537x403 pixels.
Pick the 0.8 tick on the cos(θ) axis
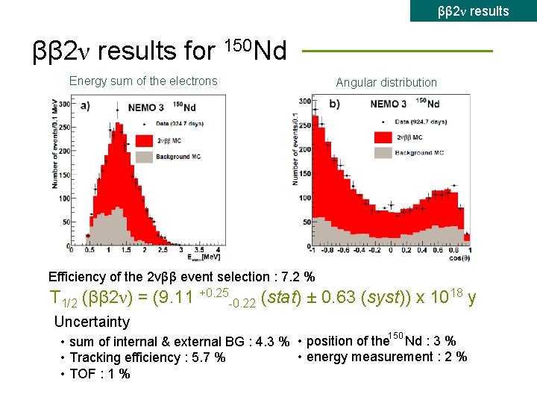pos(454,250)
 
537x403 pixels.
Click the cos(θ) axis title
pos(454,258)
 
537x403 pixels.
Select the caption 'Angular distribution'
pos(386,82)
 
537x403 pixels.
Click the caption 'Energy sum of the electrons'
pos(143,81)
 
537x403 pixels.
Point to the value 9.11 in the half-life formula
pos(178,299)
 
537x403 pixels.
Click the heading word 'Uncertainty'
pos(92,322)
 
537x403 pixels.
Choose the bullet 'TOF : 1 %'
pos(100,373)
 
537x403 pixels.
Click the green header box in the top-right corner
pos(473,10)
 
